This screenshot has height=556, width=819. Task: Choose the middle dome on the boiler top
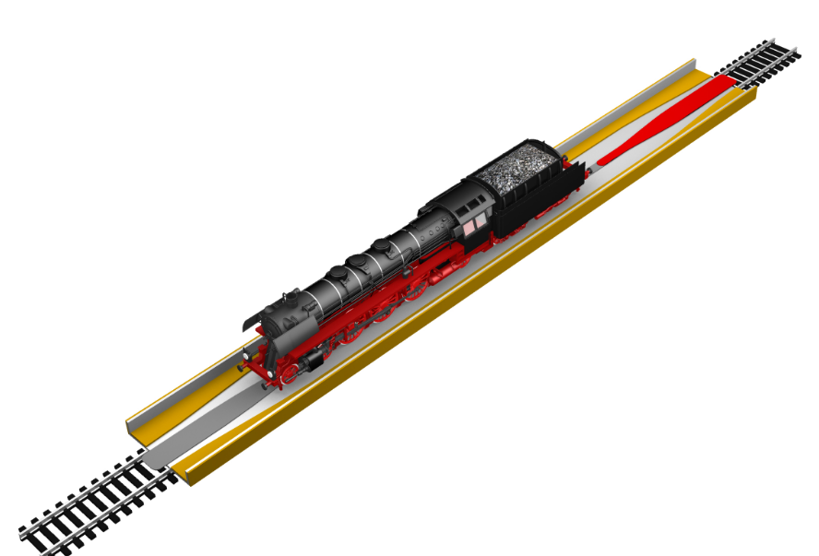point(382,247)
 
